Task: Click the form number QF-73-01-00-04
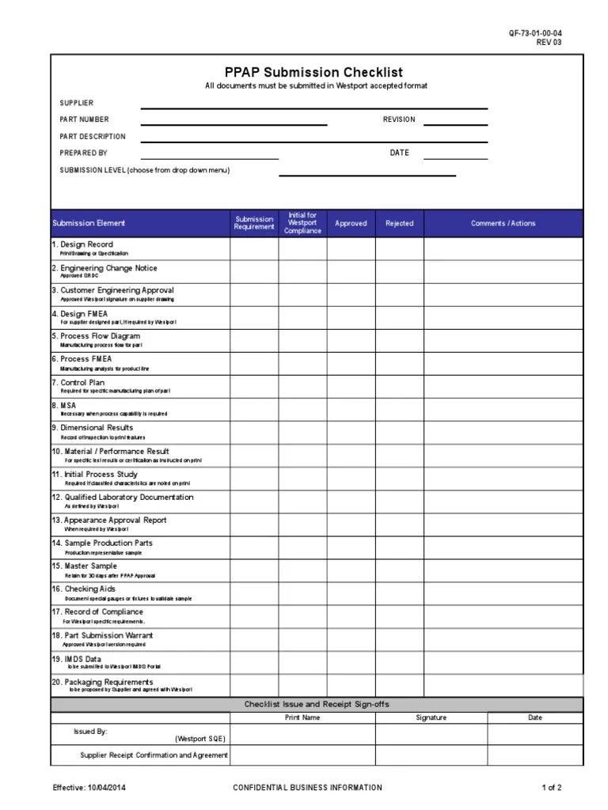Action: click(535, 33)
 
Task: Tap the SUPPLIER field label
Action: click(77, 103)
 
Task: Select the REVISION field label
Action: click(399, 119)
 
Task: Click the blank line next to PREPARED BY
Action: click(210, 153)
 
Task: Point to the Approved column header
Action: click(351, 224)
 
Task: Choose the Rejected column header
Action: click(399, 224)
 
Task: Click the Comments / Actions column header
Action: click(503, 224)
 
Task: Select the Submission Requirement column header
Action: click(253, 224)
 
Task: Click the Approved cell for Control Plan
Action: click(351, 386)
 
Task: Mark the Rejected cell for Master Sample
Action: click(399, 570)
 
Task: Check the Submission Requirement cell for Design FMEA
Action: click(253, 317)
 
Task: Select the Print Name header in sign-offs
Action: click(302, 718)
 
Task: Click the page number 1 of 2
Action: click(552, 788)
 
